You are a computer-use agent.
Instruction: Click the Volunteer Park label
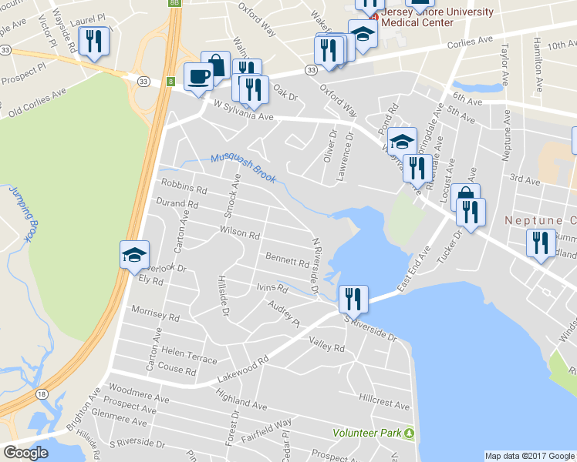click(367, 433)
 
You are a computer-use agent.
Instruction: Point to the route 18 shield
click(41, 393)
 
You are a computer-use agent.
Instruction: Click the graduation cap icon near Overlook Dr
click(134, 254)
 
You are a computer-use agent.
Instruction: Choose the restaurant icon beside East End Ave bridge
click(353, 297)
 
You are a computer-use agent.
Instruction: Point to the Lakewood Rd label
click(241, 365)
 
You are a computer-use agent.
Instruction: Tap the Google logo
click(25, 453)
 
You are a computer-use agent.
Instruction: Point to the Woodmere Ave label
click(139, 393)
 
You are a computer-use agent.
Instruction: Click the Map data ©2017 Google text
click(529, 456)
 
